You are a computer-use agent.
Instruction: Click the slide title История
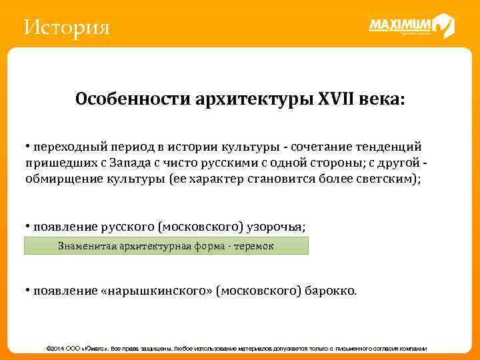click(66, 28)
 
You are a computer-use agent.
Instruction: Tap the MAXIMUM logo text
click(400, 25)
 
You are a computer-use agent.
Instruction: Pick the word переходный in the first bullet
click(65, 147)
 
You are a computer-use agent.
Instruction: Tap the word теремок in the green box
click(253, 246)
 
